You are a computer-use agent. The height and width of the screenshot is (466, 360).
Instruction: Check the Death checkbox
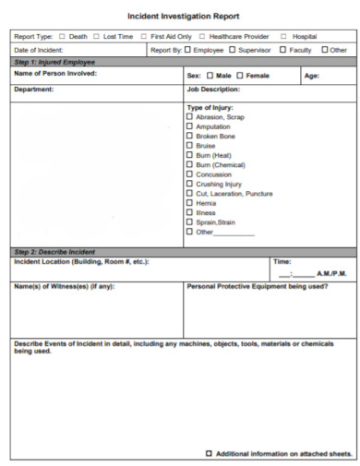click(63, 37)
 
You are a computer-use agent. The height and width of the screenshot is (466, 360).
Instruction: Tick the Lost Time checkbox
click(97, 37)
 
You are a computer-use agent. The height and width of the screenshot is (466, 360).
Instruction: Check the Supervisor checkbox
click(232, 49)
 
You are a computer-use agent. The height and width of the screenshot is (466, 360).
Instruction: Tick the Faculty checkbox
click(283, 49)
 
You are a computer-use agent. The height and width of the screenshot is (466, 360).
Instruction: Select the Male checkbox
click(210, 76)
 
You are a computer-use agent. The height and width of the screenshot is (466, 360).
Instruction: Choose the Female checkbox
click(240, 76)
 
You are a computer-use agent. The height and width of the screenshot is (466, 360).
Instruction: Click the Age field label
click(311, 76)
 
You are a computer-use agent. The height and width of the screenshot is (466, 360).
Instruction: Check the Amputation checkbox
click(190, 126)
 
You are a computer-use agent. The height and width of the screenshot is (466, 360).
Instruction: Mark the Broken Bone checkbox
click(190, 136)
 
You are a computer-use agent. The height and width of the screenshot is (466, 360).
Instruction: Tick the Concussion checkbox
click(190, 174)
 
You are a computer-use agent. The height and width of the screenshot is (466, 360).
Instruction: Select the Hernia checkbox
click(190, 203)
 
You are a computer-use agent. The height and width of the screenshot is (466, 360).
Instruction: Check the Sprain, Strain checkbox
click(190, 222)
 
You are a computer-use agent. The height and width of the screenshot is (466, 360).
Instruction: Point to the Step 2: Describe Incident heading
click(55, 251)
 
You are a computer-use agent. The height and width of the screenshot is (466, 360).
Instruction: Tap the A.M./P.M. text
click(331, 274)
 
